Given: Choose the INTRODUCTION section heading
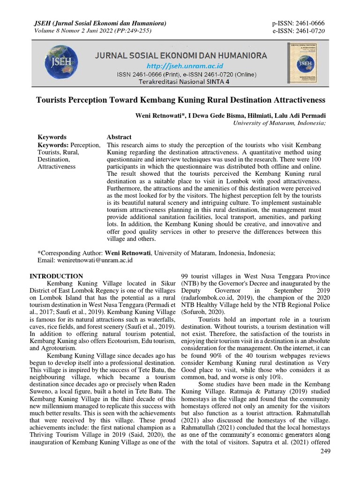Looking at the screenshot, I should click(56, 276).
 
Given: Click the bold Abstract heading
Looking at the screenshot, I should click(119, 137).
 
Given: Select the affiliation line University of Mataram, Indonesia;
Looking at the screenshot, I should click(279, 123).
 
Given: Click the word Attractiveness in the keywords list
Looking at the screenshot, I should click(56, 166).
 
